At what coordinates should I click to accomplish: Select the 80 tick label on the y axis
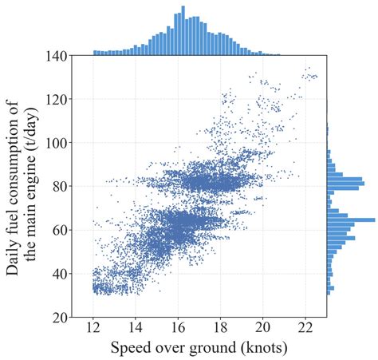[x=57, y=187]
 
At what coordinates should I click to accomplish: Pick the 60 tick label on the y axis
[x=57, y=230]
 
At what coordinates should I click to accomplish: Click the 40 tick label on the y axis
[x=57, y=274]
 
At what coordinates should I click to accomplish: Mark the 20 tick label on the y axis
[x=57, y=317]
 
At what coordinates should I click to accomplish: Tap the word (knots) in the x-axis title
[x=259, y=350]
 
